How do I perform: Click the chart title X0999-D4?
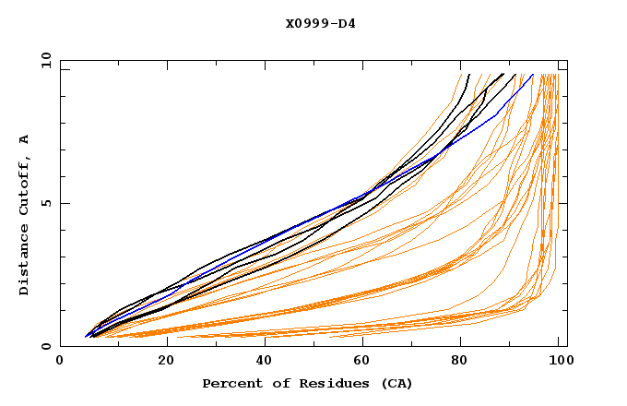320,23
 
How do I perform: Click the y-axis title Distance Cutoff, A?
24,215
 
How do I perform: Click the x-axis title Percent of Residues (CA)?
307,383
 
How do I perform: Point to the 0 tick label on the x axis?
60,363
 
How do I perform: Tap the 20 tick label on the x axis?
160,363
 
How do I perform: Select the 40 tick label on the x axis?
260,363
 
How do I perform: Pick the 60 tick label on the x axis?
360,363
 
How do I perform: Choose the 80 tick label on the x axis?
459,363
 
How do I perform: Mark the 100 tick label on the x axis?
559,363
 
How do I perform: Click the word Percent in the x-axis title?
231,383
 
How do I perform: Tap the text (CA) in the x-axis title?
397,383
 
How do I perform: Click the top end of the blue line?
534,74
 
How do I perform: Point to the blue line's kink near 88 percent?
498,114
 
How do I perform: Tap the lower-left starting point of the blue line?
85,337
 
